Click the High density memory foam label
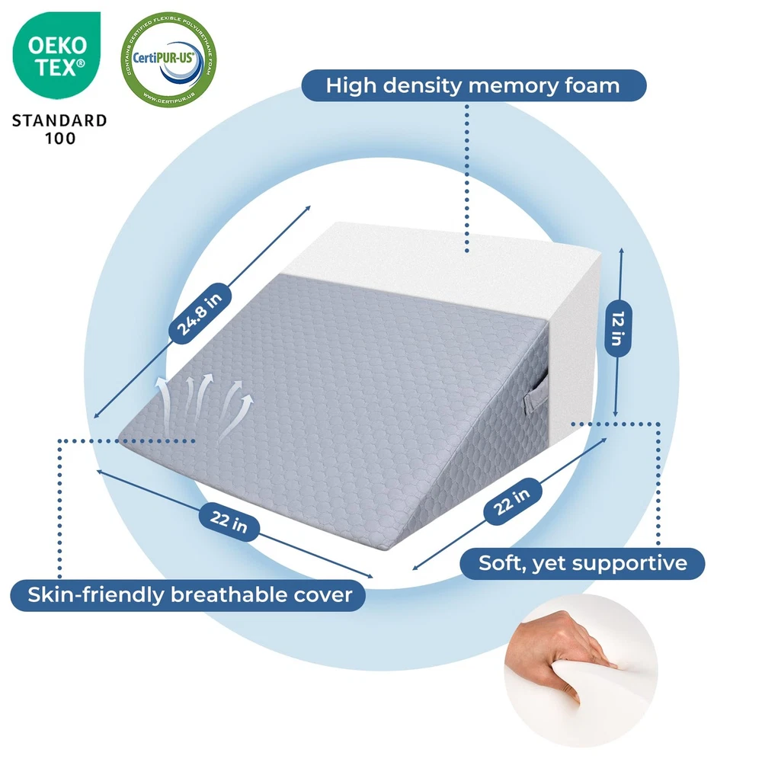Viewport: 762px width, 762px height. (473, 85)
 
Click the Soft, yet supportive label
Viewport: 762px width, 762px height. (583, 563)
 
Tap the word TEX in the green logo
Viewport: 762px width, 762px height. (56, 68)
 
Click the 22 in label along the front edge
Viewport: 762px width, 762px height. (229, 523)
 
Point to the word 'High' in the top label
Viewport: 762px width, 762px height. (353, 85)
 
